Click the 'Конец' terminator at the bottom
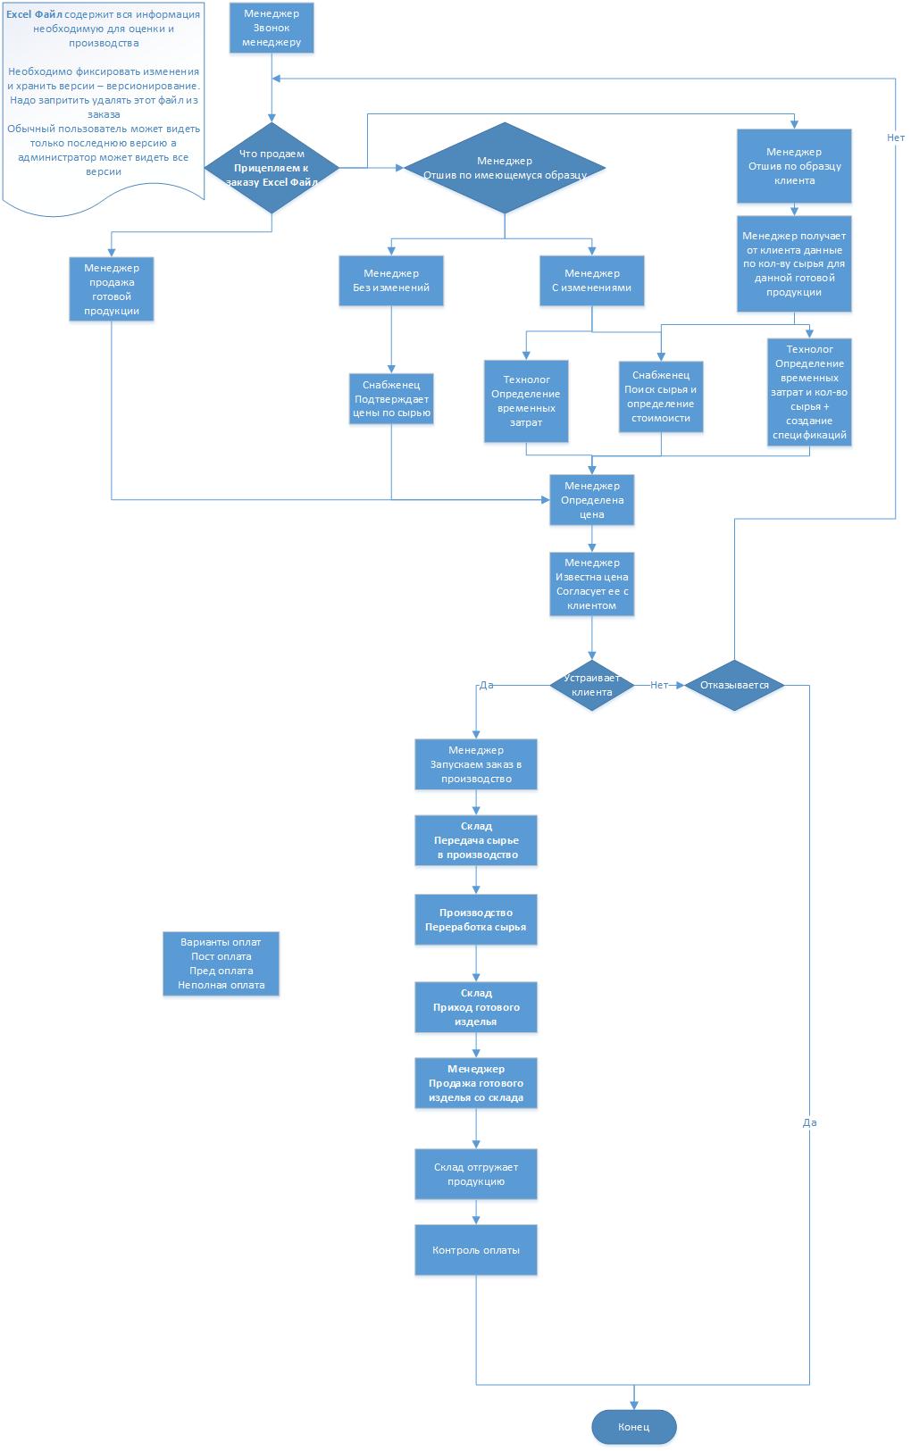click(x=633, y=1426)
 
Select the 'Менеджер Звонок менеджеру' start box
click(x=271, y=28)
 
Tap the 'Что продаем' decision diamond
click(x=272, y=167)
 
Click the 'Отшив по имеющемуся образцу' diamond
click(x=504, y=168)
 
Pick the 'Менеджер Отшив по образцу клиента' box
click(x=794, y=166)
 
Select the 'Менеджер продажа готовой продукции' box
click(x=112, y=288)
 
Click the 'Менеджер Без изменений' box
click(x=391, y=280)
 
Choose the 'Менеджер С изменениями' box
click(x=591, y=280)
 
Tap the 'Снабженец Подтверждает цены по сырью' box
click(x=391, y=398)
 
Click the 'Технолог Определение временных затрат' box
click(x=526, y=401)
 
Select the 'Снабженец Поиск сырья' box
click(x=661, y=396)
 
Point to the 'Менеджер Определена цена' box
click(x=591, y=500)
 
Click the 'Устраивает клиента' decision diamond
click(x=591, y=685)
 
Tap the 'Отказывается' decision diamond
click(x=733, y=685)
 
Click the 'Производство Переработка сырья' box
click(x=475, y=920)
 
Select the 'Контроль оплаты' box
click(x=475, y=1250)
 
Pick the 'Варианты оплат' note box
click(x=221, y=963)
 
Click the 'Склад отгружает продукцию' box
click(x=475, y=1174)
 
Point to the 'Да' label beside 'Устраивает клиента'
click(x=487, y=686)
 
